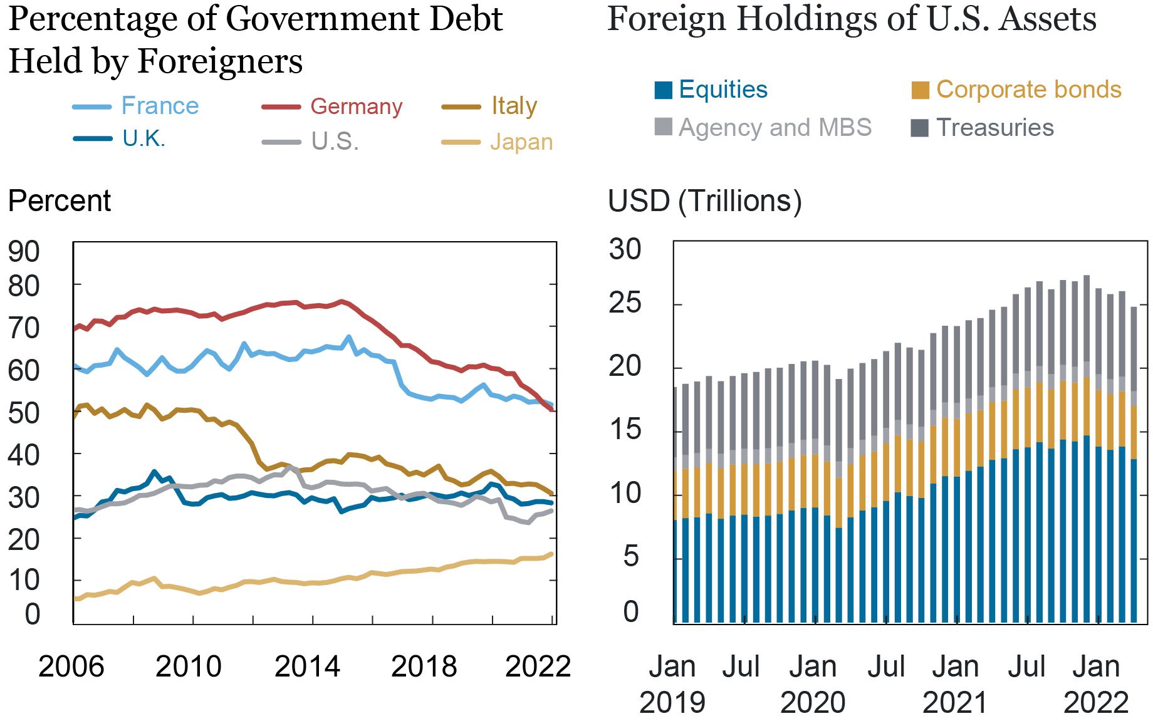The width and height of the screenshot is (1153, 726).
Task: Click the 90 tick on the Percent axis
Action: tap(24, 252)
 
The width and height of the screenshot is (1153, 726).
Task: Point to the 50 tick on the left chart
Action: tap(24, 413)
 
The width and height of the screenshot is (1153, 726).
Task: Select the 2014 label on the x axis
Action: tap(307, 666)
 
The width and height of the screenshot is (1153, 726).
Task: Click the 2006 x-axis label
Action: tap(71, 666)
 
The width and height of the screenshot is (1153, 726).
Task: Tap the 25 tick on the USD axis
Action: tap(625, 304)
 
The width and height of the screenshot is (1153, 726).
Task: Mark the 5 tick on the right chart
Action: tap(630, 556)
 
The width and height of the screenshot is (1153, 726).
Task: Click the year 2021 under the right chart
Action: tap(954, 702)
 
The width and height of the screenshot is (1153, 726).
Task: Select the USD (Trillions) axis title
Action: tap(704, 201)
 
